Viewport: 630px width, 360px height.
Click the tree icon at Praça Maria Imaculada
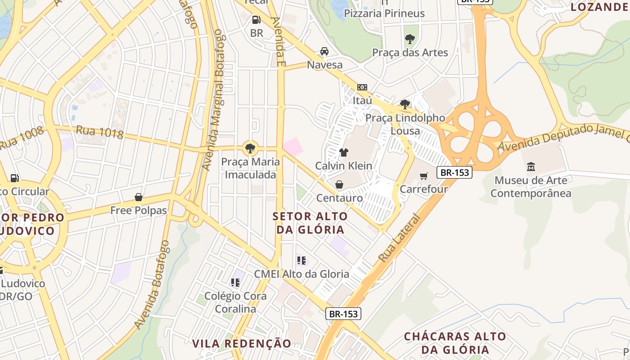point(250,148)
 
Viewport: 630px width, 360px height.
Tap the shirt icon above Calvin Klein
point(344,152)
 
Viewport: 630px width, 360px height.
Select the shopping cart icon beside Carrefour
point(423,176)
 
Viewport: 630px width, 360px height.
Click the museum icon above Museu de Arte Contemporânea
point(531,166)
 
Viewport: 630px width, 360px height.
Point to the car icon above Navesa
point(324,51)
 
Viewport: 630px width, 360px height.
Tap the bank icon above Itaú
point(362,87)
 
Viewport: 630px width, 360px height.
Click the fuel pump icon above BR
point(256,20)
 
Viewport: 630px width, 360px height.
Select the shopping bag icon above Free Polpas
point(139,197)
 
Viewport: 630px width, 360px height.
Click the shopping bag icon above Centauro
point(339,184)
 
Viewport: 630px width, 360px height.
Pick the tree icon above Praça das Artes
point(409,39)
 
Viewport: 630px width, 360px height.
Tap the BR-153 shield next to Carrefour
point(454,172)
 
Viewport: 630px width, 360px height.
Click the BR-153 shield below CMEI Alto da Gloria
point(344,314)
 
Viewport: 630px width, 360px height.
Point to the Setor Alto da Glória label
point(310,223)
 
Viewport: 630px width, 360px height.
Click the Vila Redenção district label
point(242,343)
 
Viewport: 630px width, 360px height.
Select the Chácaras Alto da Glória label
point(454,343)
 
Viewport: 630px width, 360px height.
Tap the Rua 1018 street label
point(99,132)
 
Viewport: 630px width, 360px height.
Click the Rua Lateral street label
point(400,238)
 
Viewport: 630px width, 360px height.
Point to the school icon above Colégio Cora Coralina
point(235,282)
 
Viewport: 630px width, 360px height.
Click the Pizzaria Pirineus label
point(384,13)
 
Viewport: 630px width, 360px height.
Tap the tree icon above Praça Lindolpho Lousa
point(405,104)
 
